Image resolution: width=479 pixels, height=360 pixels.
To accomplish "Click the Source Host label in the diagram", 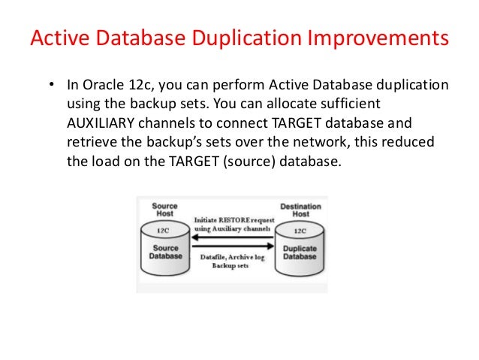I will pyautogui.click(x=164, y=209).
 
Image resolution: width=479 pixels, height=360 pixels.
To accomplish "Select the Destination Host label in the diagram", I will pyautogui.click(x=300, y=210).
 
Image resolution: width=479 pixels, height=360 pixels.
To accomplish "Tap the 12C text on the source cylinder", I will pyautogui.click(x=164, y=231).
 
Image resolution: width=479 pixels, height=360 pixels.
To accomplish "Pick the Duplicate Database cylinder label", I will pyautogui.click(x=299, y=251).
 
